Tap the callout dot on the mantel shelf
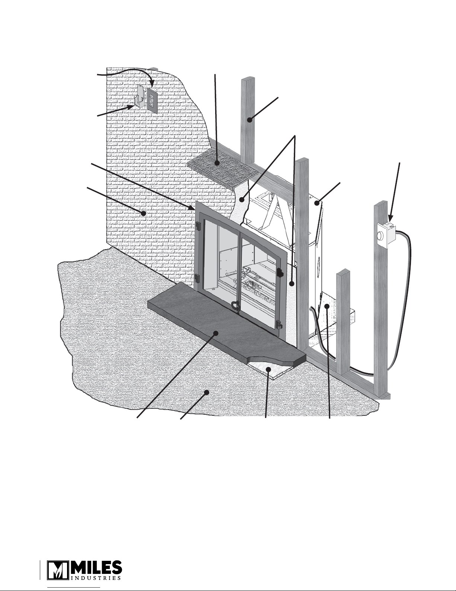(217, 163)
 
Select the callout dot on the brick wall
(144, 214)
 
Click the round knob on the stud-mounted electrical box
(380, 235)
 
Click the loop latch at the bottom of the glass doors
(235, 306)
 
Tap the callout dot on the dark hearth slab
(216, 333)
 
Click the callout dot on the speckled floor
(207, 393)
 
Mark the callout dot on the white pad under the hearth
(268, 369)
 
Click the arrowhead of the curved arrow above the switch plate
(152, 85)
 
